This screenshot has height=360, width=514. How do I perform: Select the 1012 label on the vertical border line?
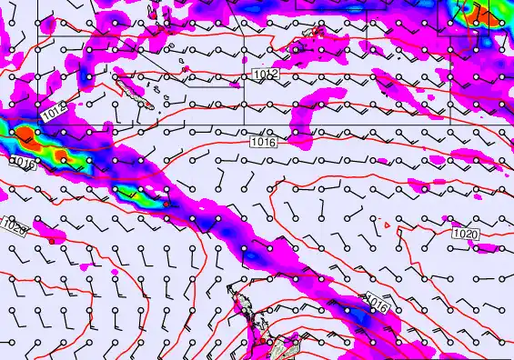(265, 73)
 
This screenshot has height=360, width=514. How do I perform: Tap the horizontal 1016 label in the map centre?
(262, 141)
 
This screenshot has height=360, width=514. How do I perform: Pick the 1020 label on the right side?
(465, 234)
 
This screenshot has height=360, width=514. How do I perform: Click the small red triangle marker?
(388, 224)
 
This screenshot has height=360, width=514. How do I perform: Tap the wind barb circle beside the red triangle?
(378, 219)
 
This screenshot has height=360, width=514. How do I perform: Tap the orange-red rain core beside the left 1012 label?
(26, 137)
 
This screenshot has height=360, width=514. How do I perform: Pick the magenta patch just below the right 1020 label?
(488, 247)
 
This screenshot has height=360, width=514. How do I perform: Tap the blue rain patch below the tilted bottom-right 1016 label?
(364, 317)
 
